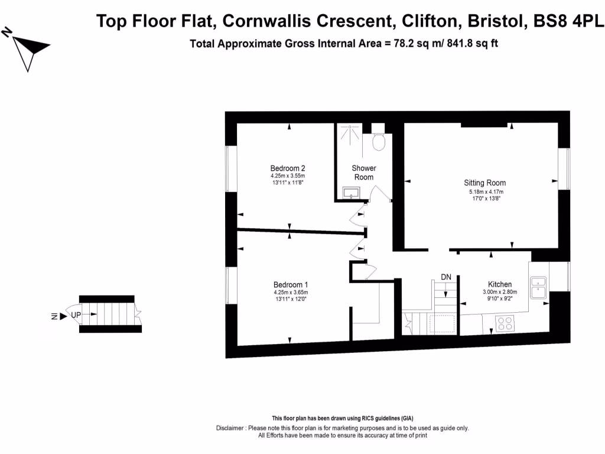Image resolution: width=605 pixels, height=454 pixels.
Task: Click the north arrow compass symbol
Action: [28, 48]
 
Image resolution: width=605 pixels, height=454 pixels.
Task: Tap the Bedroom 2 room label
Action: [288, 168]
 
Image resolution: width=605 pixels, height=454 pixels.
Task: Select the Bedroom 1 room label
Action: [291, 284]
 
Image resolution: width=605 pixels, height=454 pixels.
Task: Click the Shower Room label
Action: [364, 173]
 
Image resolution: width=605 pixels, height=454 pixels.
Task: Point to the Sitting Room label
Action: [484, 183]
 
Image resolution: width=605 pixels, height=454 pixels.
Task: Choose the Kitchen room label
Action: [500, 284]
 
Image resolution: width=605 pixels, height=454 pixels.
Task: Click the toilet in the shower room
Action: [379, 141]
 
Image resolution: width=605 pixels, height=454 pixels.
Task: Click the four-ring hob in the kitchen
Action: [505, 323]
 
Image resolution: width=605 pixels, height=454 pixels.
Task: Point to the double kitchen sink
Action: [538, 287]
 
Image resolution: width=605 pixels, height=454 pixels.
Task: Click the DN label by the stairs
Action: [446, 277]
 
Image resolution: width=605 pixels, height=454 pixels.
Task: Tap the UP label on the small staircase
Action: [76, 315]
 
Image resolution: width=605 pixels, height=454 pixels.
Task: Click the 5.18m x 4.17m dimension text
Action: [484, 192]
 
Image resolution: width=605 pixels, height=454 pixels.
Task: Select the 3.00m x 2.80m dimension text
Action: [500, 292]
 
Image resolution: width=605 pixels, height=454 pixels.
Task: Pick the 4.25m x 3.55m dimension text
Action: [288, 176]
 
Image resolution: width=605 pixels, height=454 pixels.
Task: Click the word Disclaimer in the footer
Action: [232, 428]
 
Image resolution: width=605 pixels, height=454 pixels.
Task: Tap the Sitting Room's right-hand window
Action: [565, 169]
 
